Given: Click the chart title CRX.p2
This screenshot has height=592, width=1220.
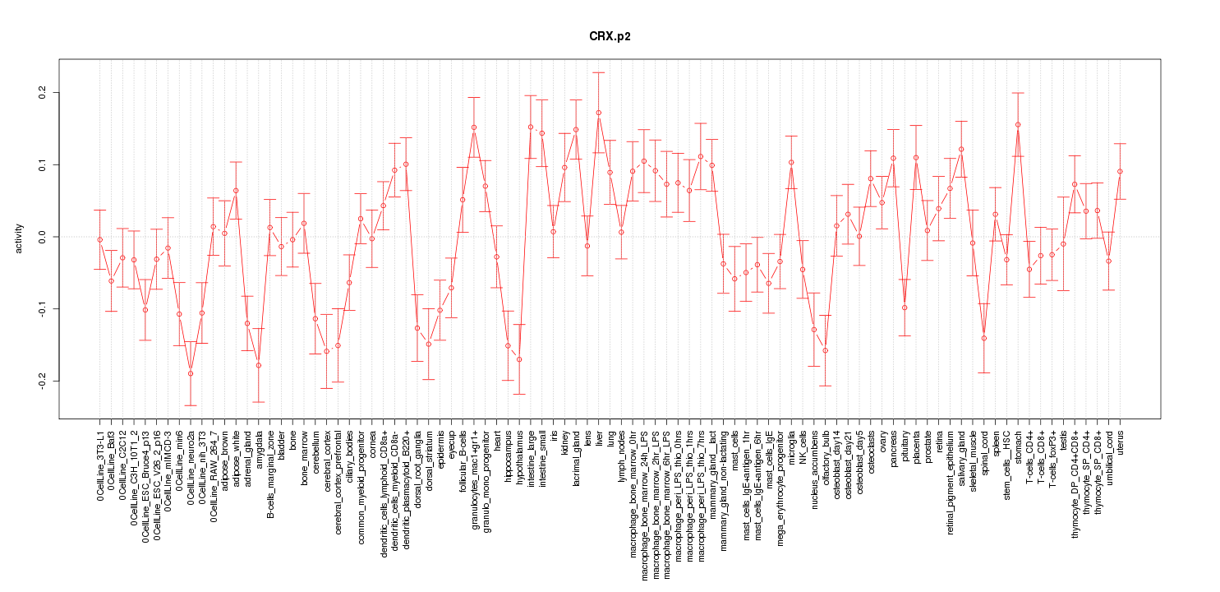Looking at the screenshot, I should (x=610, y=37).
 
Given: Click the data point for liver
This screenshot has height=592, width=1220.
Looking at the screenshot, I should (x=599, y=113).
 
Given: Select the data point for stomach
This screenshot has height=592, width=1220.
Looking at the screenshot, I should (x=1018, y=125).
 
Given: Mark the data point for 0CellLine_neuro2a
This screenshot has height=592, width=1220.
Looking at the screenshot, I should (x=191, y=373).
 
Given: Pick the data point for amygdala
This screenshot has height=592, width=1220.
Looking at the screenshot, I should (x=259, y=365).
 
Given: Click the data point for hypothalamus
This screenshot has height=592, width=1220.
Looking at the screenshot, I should (x=519, y=359).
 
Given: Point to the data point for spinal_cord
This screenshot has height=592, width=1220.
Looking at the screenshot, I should (x=983, y=338).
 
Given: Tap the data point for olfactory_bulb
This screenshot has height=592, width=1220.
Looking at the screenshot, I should (x=825, y=350).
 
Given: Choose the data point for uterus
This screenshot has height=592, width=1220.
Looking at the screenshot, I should (x=1120, y=172).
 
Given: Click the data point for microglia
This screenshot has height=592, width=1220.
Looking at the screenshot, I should (x=791, y=162).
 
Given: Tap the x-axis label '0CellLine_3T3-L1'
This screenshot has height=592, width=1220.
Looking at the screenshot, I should (x=100, y=465).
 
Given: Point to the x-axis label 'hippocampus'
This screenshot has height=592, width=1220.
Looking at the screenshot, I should (x=509, y=455).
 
